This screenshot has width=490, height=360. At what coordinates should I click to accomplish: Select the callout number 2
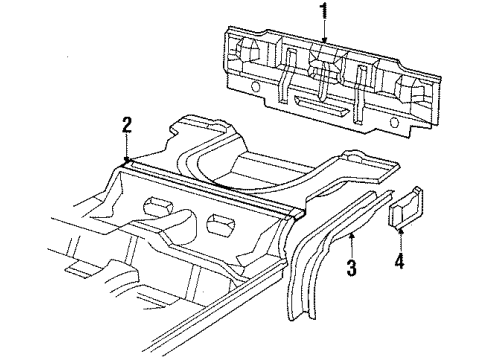click(127, 125)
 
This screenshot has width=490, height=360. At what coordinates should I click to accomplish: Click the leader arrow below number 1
click(323, 35)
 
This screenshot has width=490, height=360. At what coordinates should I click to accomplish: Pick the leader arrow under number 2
click(127, 148)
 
